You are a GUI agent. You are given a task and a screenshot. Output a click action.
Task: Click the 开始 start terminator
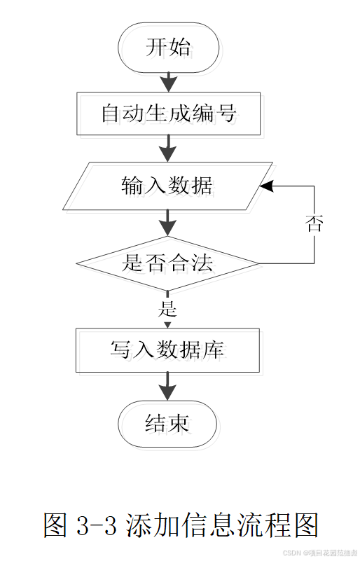(168, 48)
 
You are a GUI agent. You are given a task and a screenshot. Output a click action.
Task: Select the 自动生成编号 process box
(168, 113)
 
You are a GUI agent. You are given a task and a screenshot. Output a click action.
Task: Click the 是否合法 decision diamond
(168, 263)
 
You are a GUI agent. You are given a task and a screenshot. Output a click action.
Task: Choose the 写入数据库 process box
(168, 349)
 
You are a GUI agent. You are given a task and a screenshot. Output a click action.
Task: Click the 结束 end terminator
(168, 423)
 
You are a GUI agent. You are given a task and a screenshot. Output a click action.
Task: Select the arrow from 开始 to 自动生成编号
(168, 81)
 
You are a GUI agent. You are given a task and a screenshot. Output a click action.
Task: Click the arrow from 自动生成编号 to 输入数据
(168, 148)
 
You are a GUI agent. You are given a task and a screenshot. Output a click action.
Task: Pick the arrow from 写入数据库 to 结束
(168, 386)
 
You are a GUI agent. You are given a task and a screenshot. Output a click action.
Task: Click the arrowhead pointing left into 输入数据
(267, 186)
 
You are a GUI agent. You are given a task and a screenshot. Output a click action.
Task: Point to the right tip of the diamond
(258, 263)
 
